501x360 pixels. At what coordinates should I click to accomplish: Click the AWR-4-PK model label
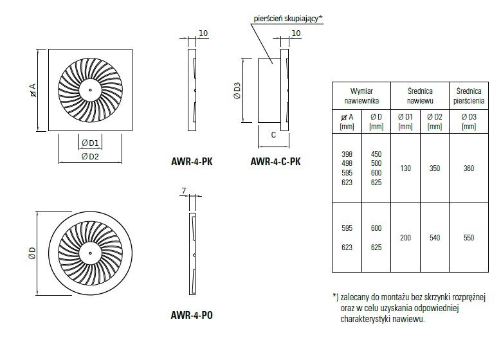click(x=192, y=161)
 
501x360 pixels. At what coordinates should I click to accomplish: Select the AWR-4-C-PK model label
click(x=275, y=161)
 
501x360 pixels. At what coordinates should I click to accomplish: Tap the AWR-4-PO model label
click(x=192, y=315)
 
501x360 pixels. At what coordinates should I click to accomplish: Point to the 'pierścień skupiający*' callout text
click(x=288, y=19)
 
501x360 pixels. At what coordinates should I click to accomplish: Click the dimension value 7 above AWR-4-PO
click(x=184, y=191)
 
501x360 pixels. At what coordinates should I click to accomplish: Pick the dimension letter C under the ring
click(x=273, y=135)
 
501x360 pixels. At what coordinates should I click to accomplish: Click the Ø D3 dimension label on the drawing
click(x=237, y=91)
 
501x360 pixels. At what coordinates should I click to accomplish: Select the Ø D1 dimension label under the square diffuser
click(x=90, y=143)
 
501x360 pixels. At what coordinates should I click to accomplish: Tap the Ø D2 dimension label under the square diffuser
click(x=90, y=156)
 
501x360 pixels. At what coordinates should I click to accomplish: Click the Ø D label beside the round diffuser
click(x=32, y=253)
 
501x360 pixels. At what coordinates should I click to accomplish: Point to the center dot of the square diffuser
click(x=90, y=90)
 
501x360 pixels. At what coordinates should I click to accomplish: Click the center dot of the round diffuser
click(x=90, y=253)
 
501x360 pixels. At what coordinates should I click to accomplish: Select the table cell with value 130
click(x=405, y=168)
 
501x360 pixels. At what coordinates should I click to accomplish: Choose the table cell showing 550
click(x=469, y=238)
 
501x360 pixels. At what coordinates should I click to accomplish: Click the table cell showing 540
click(x=435, y=238)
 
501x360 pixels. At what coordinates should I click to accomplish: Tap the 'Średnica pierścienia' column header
click(x=469, y=96)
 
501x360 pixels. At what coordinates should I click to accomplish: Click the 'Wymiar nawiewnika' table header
click(x=361, y=96)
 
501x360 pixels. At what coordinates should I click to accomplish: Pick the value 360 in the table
click(x=469, y=168)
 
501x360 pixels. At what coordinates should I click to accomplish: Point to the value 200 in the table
click(x=405, y=238)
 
